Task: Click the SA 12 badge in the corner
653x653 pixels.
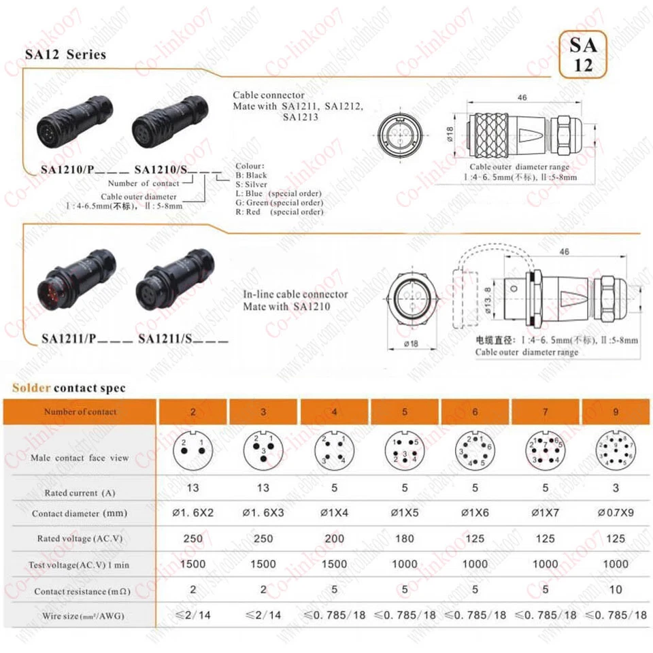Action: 583,54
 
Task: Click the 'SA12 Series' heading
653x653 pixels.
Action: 65,54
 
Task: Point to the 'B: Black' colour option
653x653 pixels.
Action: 252,175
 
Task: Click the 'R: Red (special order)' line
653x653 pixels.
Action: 280,212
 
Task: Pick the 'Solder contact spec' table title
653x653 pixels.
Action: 69,388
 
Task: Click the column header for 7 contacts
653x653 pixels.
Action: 546,412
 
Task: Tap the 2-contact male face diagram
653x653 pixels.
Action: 192,452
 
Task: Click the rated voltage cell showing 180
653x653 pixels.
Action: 405,539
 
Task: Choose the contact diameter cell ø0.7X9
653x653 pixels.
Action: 615,513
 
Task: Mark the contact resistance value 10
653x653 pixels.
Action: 615,590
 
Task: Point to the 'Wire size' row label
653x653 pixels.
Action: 80,616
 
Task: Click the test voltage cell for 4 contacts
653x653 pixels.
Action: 334,564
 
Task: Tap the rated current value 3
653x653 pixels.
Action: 615,488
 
